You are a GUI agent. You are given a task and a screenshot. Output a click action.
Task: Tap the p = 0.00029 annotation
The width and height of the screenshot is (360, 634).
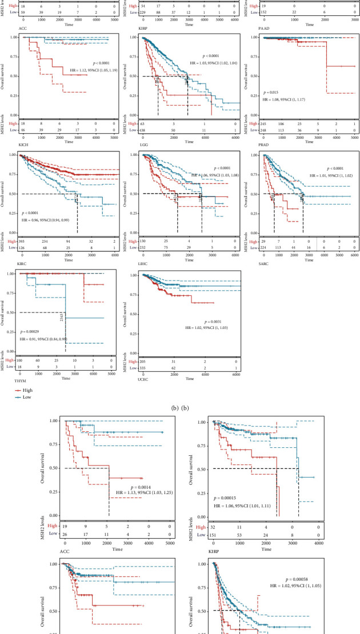(34, 331)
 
